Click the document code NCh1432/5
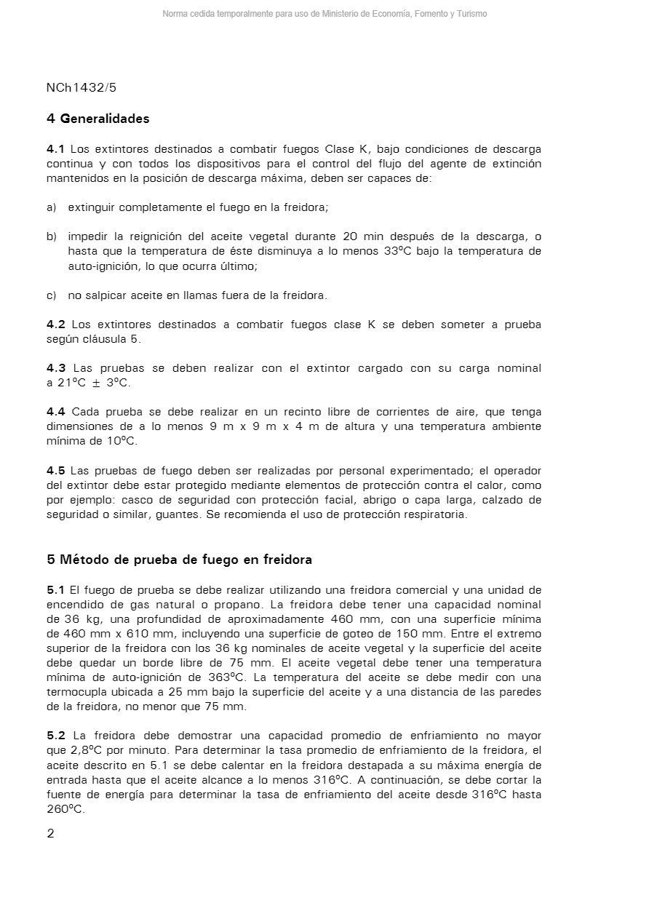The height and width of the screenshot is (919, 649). (x=81, y=88)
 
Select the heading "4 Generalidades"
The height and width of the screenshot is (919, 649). (x=97, y=119)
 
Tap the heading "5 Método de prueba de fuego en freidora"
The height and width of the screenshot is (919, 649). (x=179, y=560)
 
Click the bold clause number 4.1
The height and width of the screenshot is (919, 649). (x=55, y=149)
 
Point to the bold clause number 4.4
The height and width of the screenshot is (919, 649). (x=55, y=412)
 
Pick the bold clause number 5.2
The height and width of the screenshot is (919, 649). (x=55, y=736)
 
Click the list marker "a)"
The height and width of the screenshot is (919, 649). (x=51, y=207)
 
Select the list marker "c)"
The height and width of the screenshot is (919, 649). (x=51, y=295)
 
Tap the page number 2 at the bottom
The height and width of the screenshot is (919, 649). (x=50, y=834)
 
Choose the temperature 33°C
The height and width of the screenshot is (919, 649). (x=399, y=251)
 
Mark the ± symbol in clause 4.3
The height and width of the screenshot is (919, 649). (x=96, y=383)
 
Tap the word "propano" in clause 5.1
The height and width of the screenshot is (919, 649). (x=242, y=604)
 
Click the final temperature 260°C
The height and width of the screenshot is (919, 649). (x=65, y=809)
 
